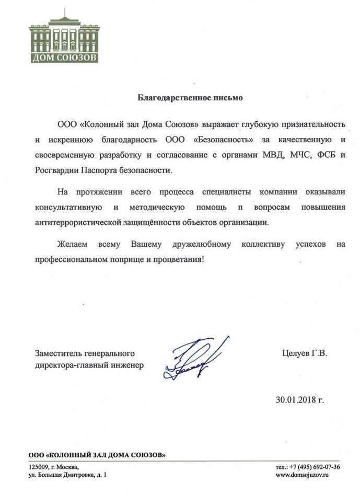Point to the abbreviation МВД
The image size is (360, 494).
[x=270, y=155]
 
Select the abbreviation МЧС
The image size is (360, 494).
[x=297, y=155]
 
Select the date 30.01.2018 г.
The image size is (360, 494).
[x=300, y=400]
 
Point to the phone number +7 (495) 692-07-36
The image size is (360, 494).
[x=314, y=466]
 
